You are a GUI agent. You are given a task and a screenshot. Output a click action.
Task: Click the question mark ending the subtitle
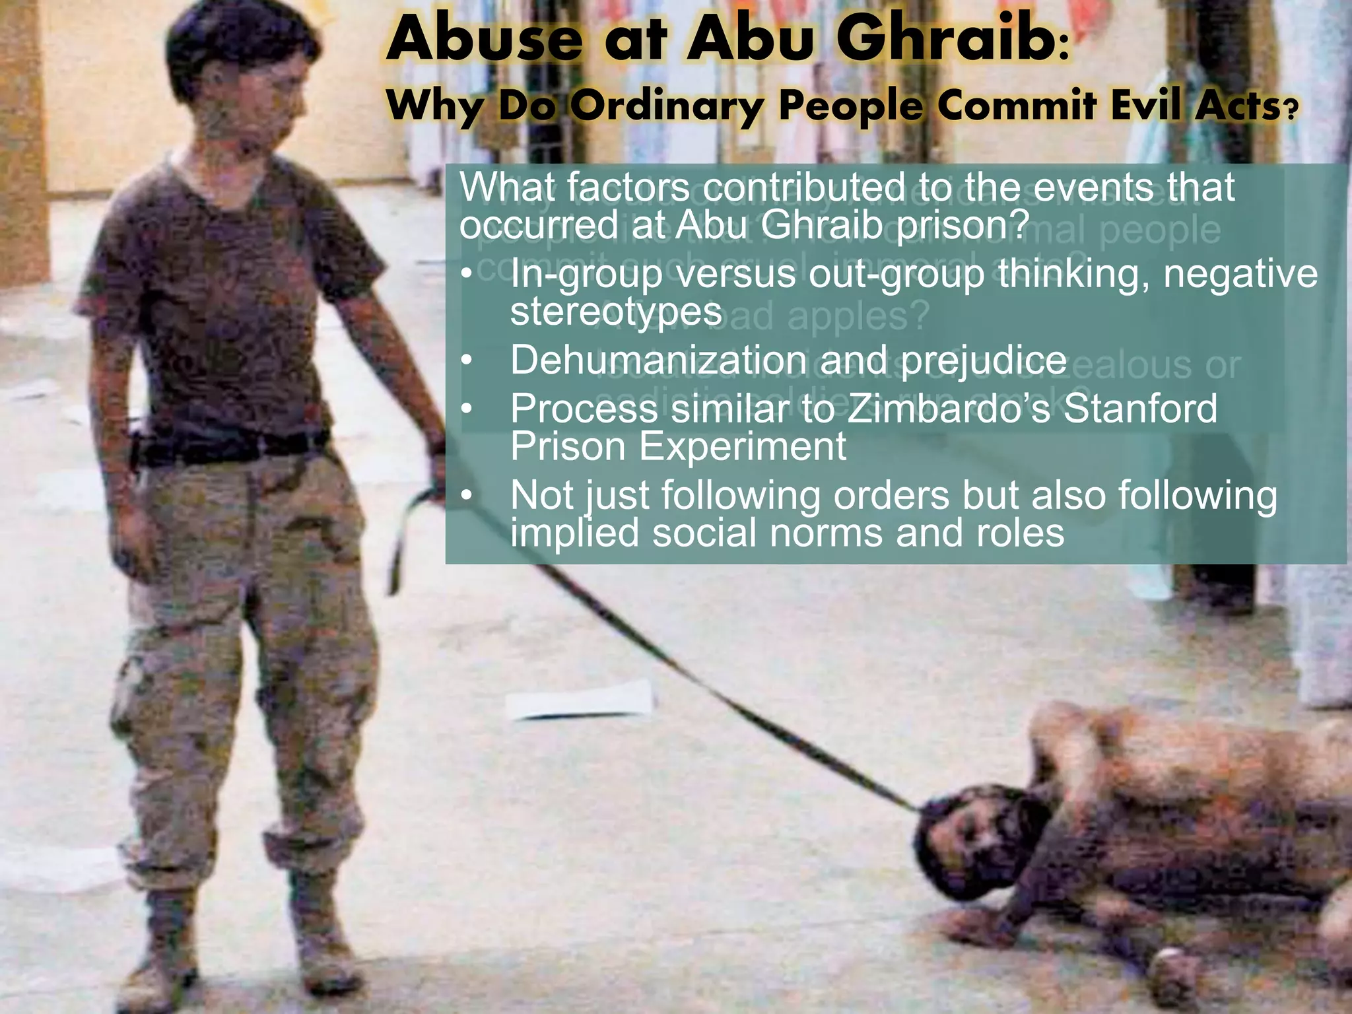(1288, 109)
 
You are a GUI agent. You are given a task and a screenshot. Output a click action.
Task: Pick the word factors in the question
(627, 188)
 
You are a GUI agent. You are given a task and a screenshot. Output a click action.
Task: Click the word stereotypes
(616, 312)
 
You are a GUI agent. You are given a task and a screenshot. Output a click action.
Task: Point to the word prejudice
(983, 360)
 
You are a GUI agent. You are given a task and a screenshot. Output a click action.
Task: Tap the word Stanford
(1140, 409)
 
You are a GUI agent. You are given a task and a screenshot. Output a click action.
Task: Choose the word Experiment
(743, 447)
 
